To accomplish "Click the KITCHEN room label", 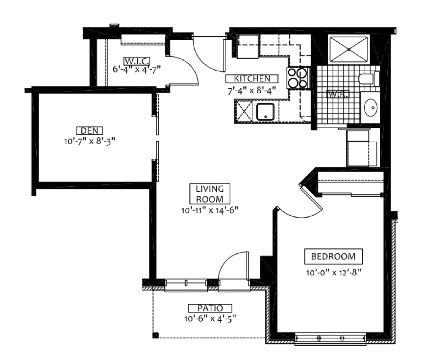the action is [x=252, y=78].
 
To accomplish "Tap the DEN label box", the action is [x=90, y=130].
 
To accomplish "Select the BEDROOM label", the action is [x=333, y=257].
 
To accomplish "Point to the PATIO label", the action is [x=210, y=308].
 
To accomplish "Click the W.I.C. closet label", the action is [x=136, y=61].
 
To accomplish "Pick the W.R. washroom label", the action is [x=338, y=94].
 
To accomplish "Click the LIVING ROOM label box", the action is [x=210, y=194].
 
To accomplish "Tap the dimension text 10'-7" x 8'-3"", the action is [x=90, y=141].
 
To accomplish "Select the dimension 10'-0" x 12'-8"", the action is [x=333, y=273].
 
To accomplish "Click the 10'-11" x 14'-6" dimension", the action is [x=210, y=210].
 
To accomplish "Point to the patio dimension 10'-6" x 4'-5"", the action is [x=210, y=319].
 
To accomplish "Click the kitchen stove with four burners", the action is [x=298, y=78].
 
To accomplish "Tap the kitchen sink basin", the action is [x=265, y=112].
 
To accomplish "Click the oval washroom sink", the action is [x=371, y=107].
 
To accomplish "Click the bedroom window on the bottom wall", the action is [x=330, y=339].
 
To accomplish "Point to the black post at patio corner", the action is [x=155, y=335].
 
